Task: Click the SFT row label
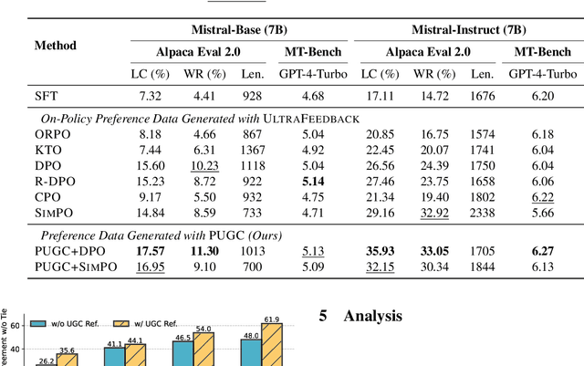45,95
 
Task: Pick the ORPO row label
51,134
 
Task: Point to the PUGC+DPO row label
66,248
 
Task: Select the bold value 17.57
151,248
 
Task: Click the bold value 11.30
203,248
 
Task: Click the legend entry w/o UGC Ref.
63,321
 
